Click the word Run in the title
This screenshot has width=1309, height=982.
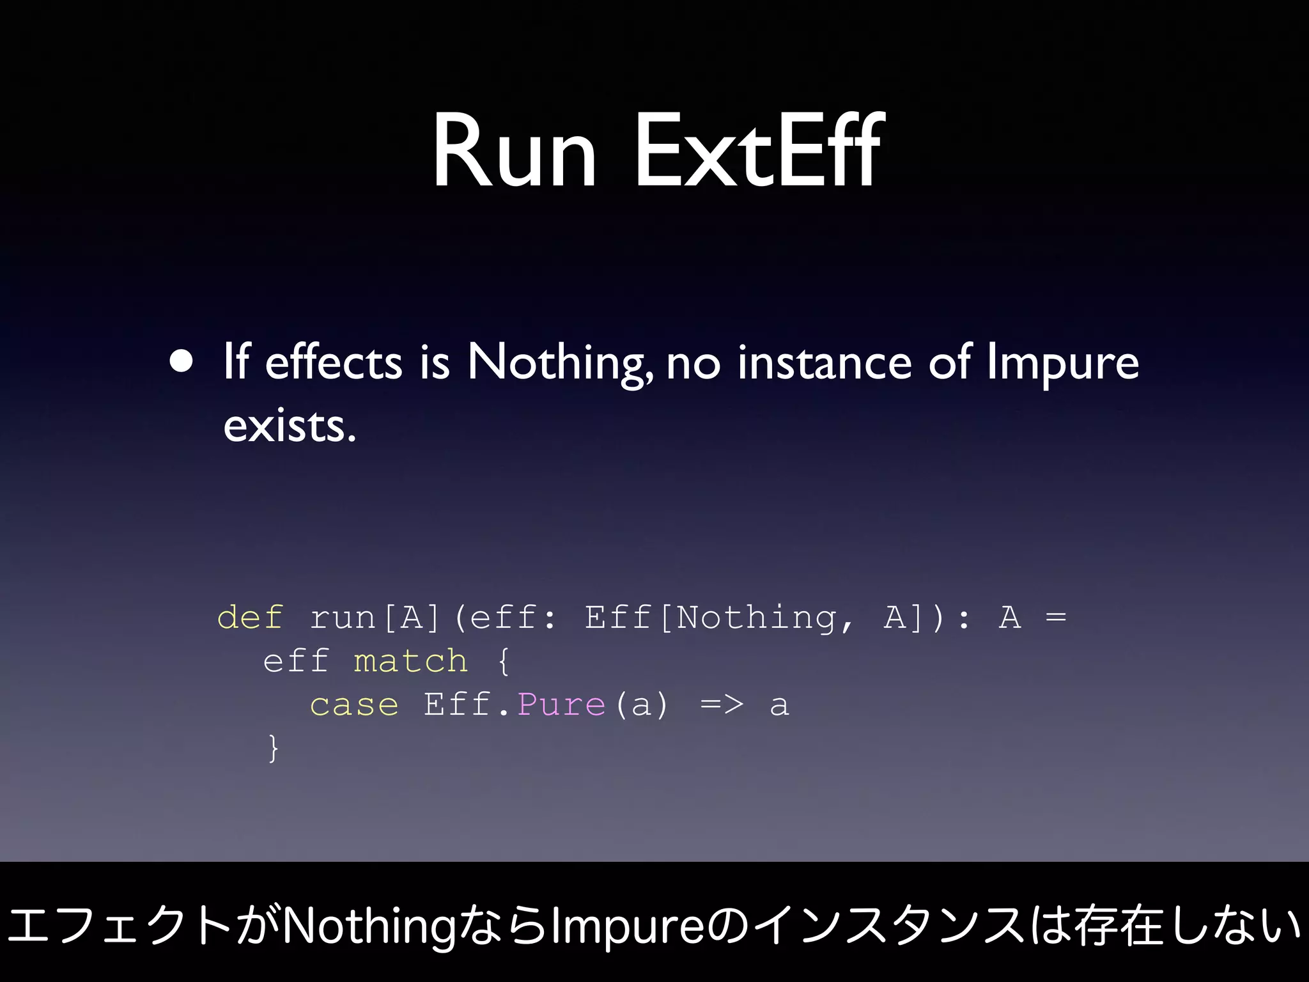click(x=515, y=152)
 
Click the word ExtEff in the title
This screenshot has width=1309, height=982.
click(x=759, y=151)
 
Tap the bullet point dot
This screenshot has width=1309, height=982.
click(x=182, y=361)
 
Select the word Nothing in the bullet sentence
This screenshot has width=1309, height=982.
click(x=560, y=362)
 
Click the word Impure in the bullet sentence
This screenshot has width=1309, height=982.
click(x=1062, y=362)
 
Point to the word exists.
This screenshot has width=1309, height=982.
click(x=289, y=426)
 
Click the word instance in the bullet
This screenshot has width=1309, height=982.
click(x=825, y=362)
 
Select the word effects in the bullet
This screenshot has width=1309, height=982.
click(x=333, y=362)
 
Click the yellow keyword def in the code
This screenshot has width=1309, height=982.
click(x=250, y=618)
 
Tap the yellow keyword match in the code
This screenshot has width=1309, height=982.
click(x=410, y=661)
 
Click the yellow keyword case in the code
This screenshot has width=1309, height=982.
click(x=354, y=705)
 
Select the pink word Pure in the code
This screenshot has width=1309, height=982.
click(x=561, y=705)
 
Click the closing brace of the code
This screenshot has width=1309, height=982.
click(x=274, y=748)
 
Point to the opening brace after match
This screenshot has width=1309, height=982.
click(x=504, y=661)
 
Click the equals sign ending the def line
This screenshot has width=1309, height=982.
click(x=1056, y=618)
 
